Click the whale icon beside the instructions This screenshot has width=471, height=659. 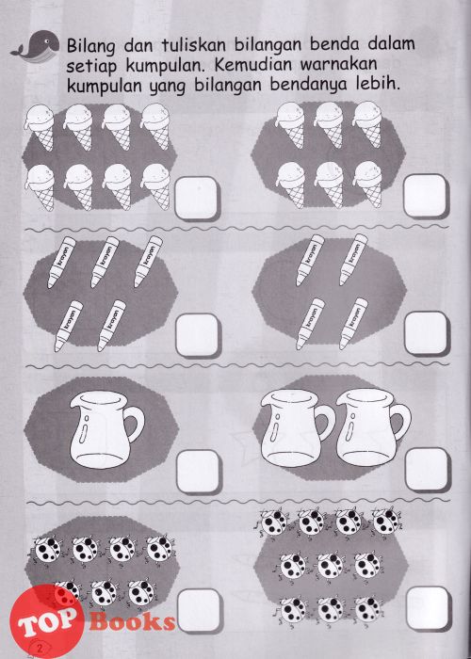pos(36,47)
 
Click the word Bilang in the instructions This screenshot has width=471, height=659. pos(90,45)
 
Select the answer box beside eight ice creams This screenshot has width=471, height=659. pos(196,198)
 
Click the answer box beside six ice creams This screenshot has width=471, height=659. pos(426,196)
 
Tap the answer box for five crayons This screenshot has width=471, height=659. pos(198,335)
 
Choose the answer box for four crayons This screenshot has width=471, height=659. pos(427,333)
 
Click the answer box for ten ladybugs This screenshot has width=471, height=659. pos(428,608)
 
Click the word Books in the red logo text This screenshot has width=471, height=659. pos(132,621)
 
